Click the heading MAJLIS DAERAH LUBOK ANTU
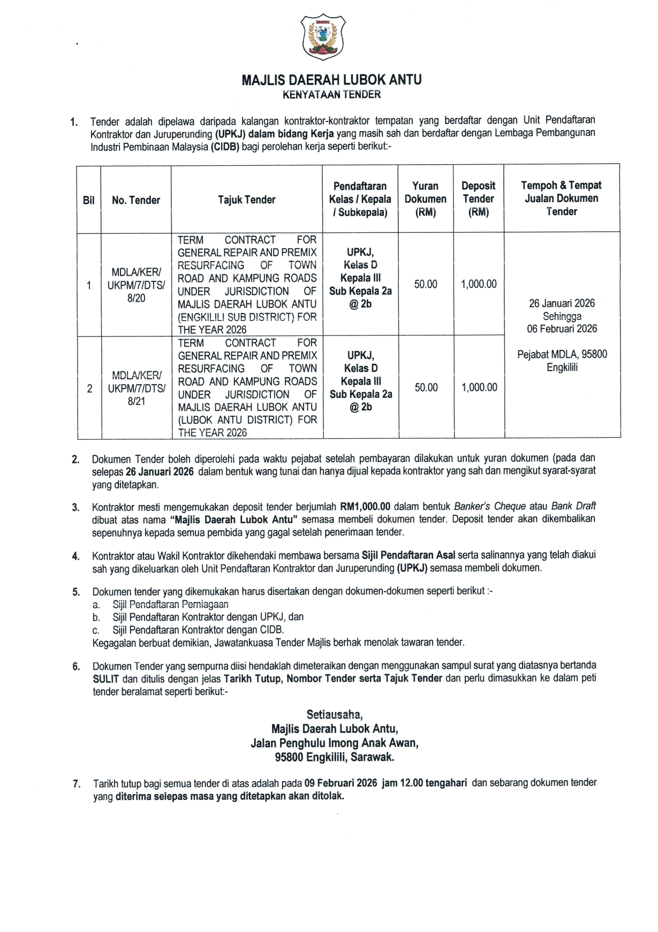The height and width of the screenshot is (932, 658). [x=331, y=80]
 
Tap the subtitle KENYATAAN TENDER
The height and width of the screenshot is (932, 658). [x=331, y=95]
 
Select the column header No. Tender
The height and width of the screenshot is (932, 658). [x=136, y=200]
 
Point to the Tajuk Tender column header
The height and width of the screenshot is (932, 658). [x=246, y=200]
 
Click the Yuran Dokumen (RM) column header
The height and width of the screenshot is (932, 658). [x=425, y=198]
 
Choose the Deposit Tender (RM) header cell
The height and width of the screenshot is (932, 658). [x=478, y=198]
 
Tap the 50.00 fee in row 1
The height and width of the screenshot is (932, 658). [x=426, y=284]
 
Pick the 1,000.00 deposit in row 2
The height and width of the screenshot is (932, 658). [x=479, y=387]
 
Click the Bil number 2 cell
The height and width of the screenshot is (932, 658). [x=89, y=388]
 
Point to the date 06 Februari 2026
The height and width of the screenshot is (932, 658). [x=562, y=329]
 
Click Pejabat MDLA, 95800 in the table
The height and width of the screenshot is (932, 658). [x=562, y=354]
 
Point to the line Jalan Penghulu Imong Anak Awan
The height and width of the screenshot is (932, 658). [x=335, y=743]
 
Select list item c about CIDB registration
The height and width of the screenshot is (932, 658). [x=198, y=630]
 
